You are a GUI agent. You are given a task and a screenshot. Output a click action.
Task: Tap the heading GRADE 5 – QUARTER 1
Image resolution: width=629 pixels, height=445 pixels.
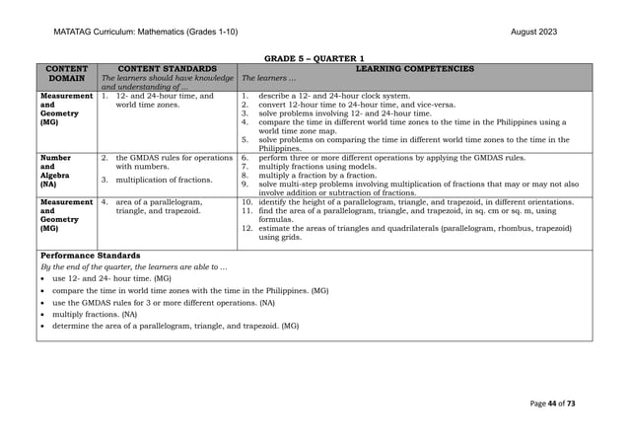(314, 58)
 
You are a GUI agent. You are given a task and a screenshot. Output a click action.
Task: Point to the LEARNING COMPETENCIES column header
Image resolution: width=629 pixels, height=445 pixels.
(414, 69)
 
